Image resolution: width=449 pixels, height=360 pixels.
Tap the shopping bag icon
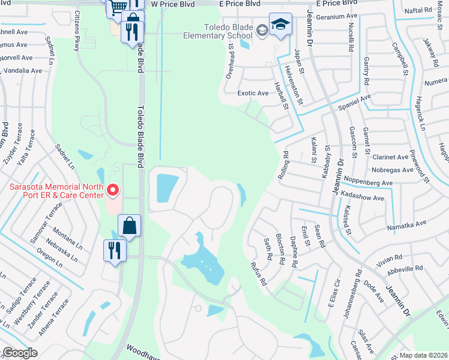tap(129, 226)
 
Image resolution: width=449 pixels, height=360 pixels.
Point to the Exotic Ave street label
tap(253, 93)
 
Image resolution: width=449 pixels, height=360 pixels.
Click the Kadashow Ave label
tap(362, 197)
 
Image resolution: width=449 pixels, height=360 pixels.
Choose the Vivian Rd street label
tap(390, 258)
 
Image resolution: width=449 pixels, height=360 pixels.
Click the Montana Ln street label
tap(67, 233)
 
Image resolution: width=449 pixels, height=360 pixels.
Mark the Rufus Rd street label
tap(258, 274)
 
